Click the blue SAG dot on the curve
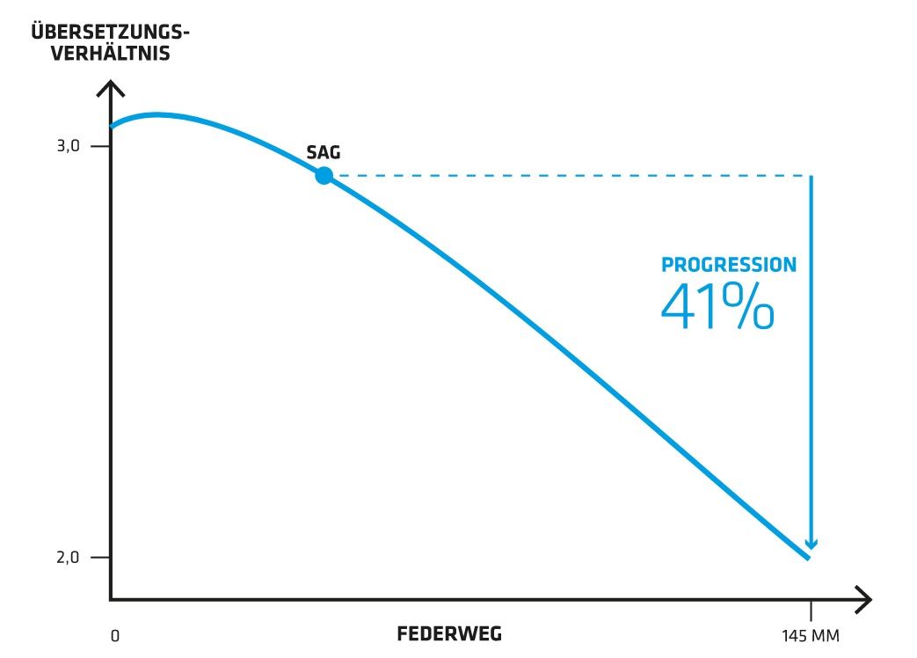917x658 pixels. point(324,175)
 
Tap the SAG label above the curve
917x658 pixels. point(323,152)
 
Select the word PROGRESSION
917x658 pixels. point(729,265)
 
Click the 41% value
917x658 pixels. point(717,306)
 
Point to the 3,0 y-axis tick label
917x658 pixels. point(68,146)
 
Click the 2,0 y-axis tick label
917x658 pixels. point(68,558)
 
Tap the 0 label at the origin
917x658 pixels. point(114,635)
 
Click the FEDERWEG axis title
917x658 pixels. point(449,633)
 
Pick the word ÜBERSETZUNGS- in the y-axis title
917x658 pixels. point(110,33)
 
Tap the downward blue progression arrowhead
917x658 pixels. point(811,542)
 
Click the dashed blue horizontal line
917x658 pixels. point(571,175)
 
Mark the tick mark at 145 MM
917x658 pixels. point(811,610)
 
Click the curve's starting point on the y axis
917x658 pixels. point(111,127)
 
